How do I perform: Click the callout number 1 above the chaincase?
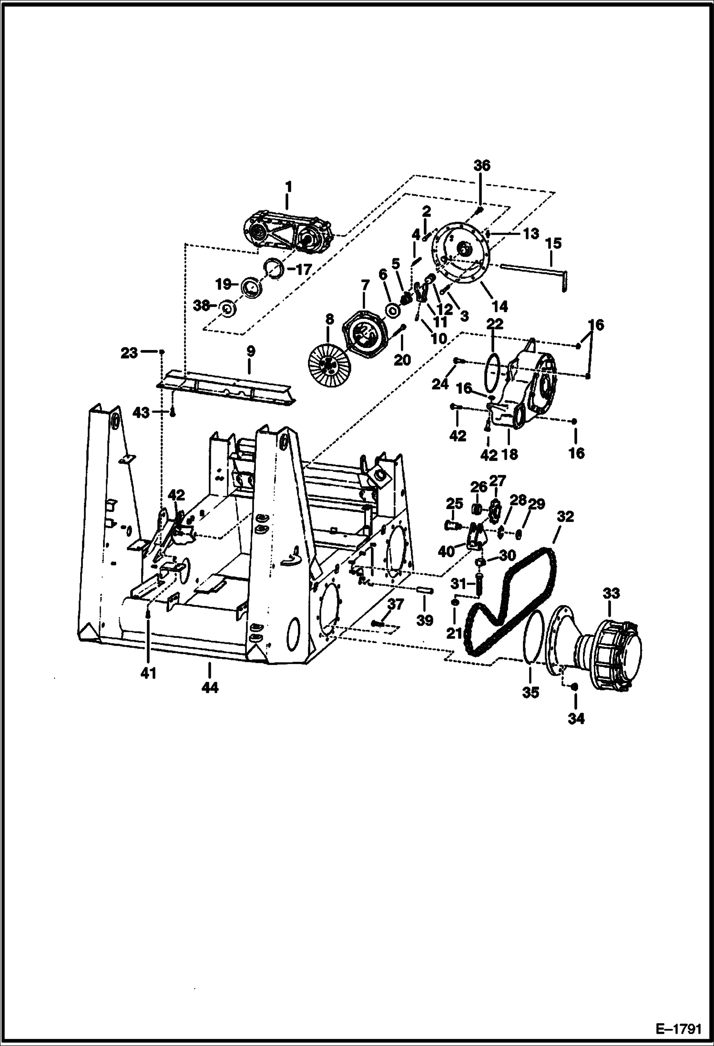[x=288, y=186]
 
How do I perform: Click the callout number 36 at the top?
[x=481, y=166]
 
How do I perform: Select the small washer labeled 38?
[x=228, y=309]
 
